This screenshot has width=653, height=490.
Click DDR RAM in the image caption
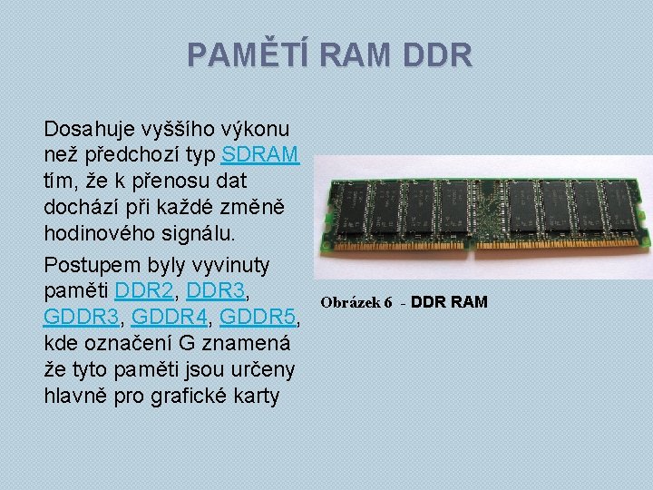[449, 301]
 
